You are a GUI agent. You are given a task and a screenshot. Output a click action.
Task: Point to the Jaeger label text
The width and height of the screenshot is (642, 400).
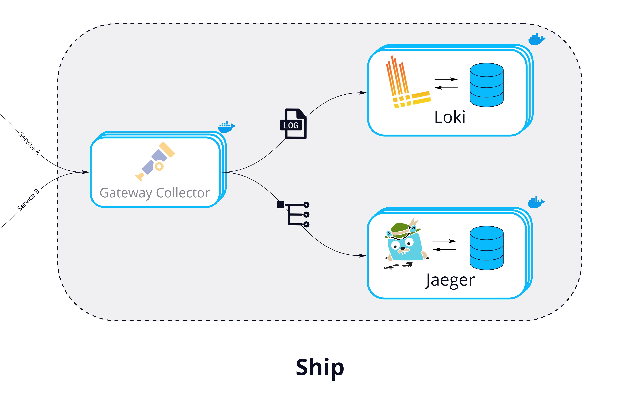(450, 280)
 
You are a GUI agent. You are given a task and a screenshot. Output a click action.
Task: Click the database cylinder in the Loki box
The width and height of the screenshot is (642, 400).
(487, 85)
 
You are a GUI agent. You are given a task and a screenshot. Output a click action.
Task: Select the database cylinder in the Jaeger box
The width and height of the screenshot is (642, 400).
(487, 248)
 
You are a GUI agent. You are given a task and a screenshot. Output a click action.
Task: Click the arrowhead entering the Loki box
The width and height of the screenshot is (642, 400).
(363, 93)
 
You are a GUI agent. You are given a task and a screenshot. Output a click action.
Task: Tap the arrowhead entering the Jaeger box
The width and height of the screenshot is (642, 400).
(363, 256)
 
